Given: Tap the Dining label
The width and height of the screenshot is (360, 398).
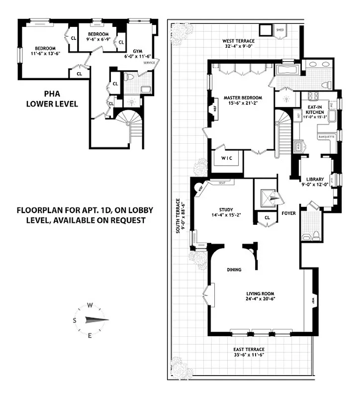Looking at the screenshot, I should (234, 270).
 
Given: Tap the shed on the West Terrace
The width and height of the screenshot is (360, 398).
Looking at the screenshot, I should (279, 31).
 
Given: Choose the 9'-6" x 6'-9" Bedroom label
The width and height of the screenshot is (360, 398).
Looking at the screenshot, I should (98, 37).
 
